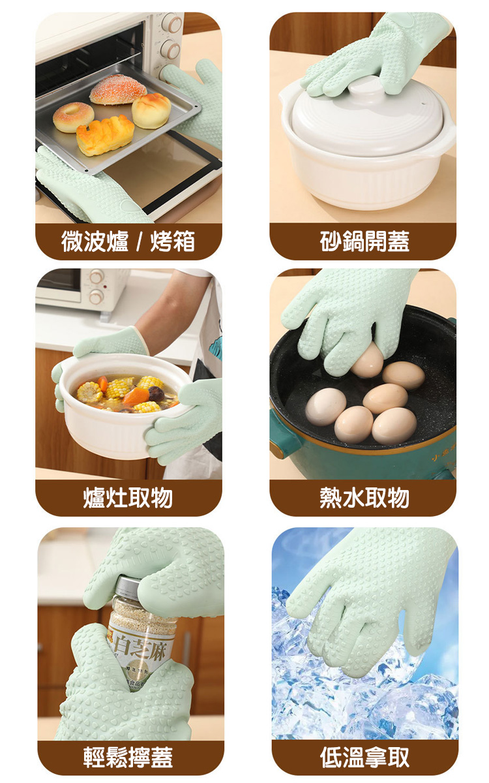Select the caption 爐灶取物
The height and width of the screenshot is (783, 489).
pos(128,498)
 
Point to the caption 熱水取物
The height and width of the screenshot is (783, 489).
pos(364,498)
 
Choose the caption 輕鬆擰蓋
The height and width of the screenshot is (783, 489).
pos(128,758)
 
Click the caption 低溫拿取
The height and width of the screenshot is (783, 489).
pos(364,758)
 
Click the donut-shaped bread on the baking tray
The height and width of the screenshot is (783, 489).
pos(73,117)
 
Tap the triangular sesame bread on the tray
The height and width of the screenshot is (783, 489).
pos(118,89)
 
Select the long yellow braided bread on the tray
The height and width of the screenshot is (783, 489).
pos(104,135)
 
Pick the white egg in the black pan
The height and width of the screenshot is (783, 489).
pos(325,407)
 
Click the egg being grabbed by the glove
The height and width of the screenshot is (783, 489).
pos(367,360)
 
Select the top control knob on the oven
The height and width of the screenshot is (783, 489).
pos(171,24)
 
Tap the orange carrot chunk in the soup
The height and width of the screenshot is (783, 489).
pos(136,395)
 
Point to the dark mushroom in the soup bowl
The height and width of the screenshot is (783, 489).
pos(156,393)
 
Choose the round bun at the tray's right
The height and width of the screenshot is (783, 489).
pos(151,110)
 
